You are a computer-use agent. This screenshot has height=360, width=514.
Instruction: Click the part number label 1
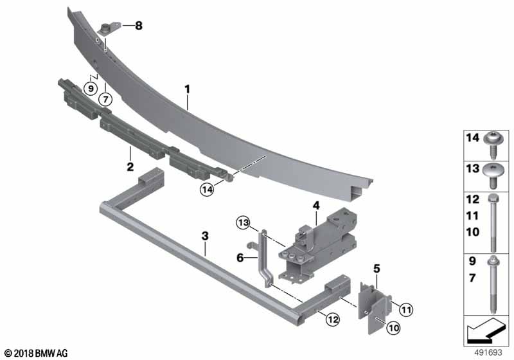coord(187,88)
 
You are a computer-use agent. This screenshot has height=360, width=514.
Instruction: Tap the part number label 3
coord(205,237)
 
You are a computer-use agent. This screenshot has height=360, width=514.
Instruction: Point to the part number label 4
coord(315,206)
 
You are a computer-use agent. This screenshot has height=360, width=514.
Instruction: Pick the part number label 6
coord(239,257)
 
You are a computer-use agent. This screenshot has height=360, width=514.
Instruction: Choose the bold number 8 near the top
coord(139,26)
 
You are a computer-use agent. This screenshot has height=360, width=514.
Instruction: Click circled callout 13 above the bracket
coord(242,222)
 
